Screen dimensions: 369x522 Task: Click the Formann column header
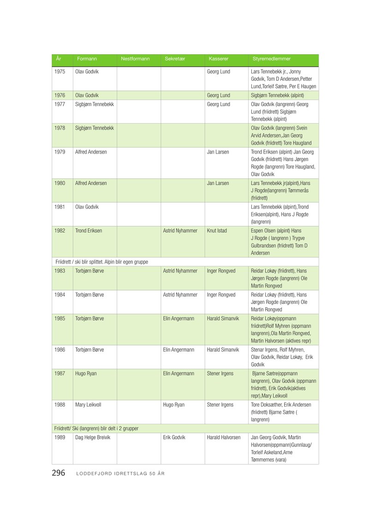coord(87,59)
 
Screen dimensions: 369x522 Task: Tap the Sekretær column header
coord(175,59)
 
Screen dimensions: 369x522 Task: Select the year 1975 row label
coord(60,72)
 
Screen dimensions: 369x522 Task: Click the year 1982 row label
coord(60,231)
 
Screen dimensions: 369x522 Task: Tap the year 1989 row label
coord(60,437)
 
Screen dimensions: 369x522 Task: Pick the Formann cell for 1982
coord(89,231)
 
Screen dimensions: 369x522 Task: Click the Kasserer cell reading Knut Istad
coord(217,231)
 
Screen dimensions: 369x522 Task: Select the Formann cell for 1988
coord(88,405)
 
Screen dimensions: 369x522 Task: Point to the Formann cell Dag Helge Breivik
coord(92,437)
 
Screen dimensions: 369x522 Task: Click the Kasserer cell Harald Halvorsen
coord(224,437)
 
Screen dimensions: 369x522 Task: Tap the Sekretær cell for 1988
coord(174,405)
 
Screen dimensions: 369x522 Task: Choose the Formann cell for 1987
coord(86,374)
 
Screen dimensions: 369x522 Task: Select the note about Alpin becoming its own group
coord(102,261)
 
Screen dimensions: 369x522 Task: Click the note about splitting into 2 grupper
coord(96,428)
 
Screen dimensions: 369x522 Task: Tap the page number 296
coord(58,473)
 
